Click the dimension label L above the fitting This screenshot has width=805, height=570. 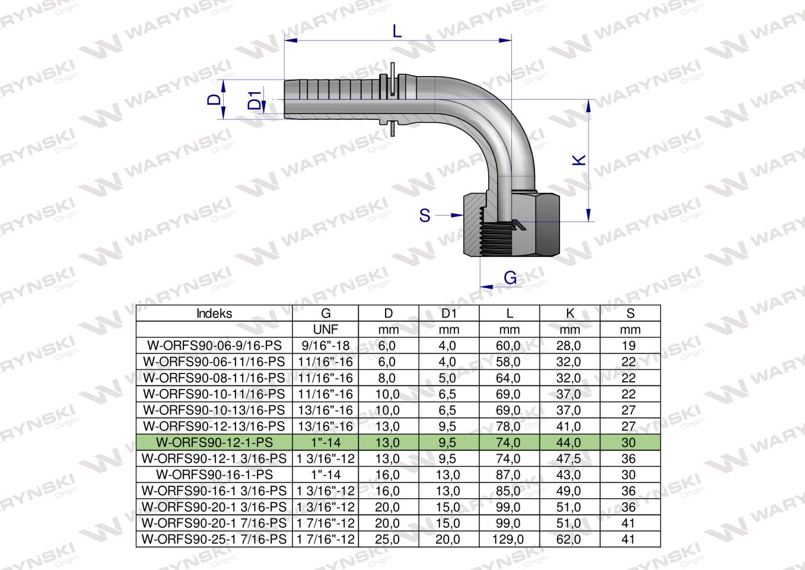[x=397, y=31]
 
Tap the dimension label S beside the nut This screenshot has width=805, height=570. [x=425, y=216]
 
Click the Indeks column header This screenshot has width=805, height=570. [x=214, y=314]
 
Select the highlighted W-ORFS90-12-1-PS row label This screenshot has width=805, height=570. [x=214, y=442]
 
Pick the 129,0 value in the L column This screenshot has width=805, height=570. [x=509, y=540]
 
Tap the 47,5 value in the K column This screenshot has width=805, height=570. [x=569, y=459]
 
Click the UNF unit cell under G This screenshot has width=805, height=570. [x=325, y=330]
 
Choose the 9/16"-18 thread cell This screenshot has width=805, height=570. [x=325, y=346]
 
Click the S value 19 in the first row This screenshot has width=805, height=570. [x=629, y=346]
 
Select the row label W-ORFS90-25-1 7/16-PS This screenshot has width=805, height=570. [x=214, y=540]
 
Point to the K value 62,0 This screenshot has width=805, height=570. [x=569, y=540]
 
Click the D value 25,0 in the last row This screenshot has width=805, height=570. [x=388, y=540]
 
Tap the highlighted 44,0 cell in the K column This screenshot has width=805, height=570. [x=569, y=442]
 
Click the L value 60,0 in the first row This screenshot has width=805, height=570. [x=509, y=346]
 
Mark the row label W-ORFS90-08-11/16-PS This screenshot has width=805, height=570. [x=214, y=378]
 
